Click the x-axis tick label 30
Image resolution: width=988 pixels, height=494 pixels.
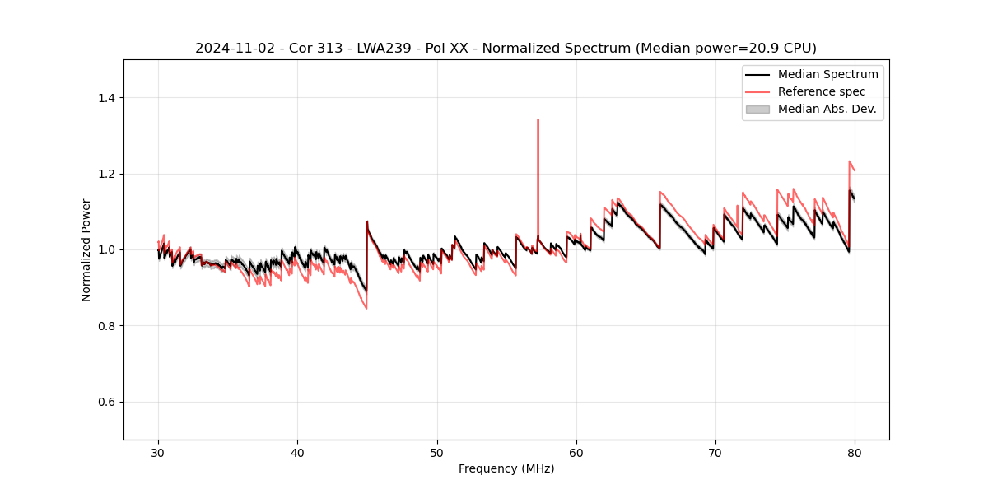(x=158, y=453)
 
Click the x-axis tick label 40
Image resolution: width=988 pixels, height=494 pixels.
(x=297, y=453)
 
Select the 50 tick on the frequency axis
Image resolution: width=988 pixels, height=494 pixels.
(x=437, y=453)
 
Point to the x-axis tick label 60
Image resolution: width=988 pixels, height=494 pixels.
(x=576, y=453)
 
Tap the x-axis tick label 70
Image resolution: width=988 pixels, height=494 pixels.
(x=715, y=453)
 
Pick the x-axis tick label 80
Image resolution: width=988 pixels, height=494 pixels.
(x=855, y=453)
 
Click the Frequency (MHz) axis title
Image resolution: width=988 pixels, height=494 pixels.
(x=506, y=468)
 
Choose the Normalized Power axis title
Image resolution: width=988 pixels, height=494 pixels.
(x=86, y=249)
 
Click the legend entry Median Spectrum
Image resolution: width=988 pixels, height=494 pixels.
(x=827, y=74)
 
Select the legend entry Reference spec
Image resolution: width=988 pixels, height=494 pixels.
(x=822, y=91)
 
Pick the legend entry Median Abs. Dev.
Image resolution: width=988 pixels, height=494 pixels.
(x=827, y=109)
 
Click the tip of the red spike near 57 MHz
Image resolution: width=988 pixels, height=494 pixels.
(x=538, y=119)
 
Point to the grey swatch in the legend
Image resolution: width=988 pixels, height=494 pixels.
(x=757, y=109)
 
